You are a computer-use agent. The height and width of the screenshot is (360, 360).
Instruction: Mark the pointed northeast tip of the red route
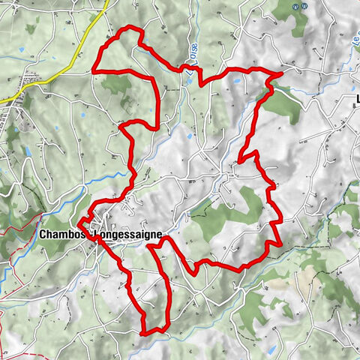point(282,74)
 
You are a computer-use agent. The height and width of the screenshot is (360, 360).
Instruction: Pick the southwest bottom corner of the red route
point(142,331)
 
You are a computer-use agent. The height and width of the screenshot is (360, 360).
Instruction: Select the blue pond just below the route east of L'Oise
point(234,79)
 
